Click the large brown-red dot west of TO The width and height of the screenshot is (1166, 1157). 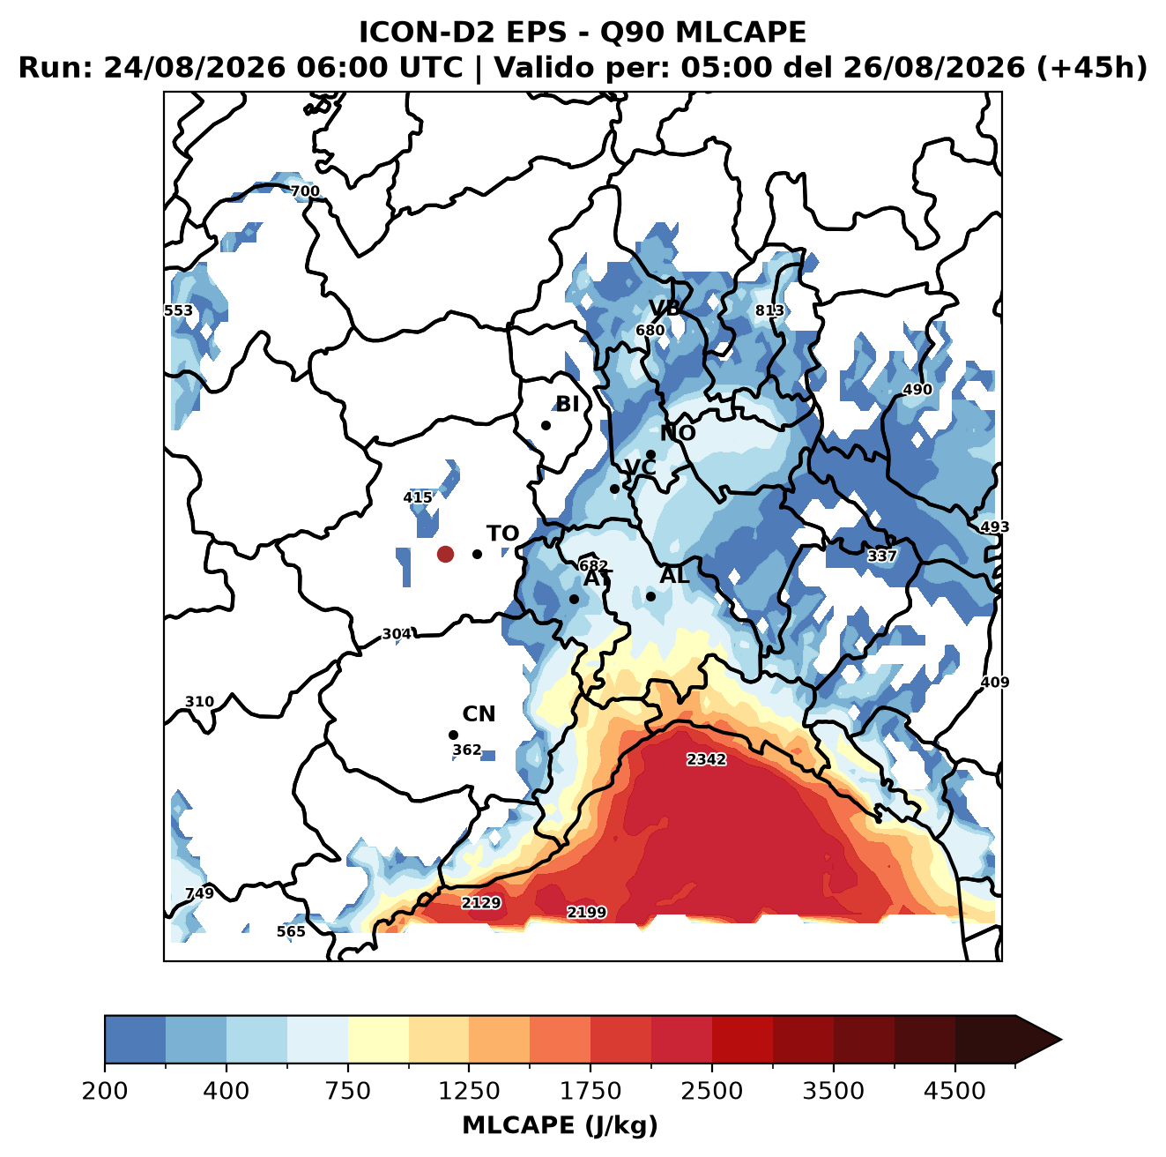(x=445, y=554)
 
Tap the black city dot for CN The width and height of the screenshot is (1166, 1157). (x=453, y=735)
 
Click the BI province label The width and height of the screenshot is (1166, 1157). (x=567, y=404)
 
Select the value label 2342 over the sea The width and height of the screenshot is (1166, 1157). (x=706, y=759)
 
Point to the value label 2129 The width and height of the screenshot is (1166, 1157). (x=481, y=903)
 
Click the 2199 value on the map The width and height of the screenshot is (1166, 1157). (x=586, y=912)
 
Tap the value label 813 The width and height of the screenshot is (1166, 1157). (x=769, y=310)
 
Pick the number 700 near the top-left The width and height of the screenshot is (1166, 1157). (x=305, y=191)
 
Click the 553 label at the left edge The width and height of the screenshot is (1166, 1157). (x=179, y=310)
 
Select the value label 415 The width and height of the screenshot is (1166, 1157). (x=418, y=497)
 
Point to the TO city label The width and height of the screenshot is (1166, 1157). (x=503, y=534)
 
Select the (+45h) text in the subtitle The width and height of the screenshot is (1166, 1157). (x=1092, y=68)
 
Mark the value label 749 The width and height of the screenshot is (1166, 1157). (x=200, y=893)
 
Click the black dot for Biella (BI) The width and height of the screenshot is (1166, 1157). (x=546, y=425)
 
